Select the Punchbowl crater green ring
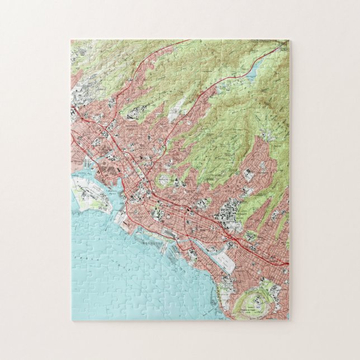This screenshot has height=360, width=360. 165,181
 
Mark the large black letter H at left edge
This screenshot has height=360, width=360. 73,112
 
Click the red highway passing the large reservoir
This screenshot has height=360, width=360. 235,75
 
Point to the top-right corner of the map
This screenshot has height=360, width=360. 289,40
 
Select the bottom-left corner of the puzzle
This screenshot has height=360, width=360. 72,320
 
